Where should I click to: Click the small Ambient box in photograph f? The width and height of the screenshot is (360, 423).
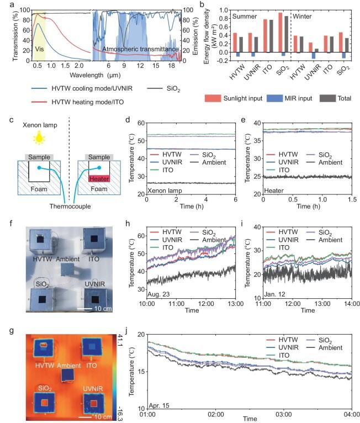coord(67,269)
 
